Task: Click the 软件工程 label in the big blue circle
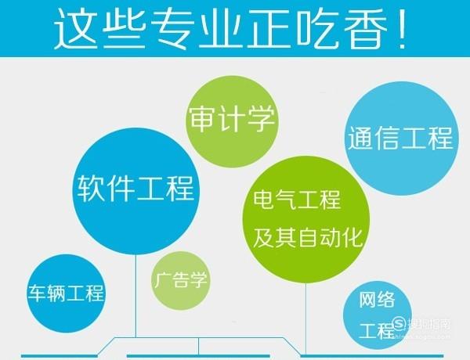pos(136,189)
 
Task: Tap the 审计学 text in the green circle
pos(232,118)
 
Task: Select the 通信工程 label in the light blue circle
pos(400,138)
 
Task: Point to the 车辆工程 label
pos(67,293)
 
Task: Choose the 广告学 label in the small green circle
pos(180,280)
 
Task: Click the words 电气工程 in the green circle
pos(297,200)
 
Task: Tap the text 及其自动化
pos(308,237)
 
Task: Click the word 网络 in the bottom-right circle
pos(377,300)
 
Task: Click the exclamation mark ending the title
pos(403,28)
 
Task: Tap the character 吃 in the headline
pos(318,28)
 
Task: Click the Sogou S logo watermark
pos(399,324)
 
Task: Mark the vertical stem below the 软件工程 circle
pos(136,296)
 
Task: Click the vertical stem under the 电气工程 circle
pos(305,319)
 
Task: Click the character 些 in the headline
pos(125,28)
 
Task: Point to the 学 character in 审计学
pos(261,118)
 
